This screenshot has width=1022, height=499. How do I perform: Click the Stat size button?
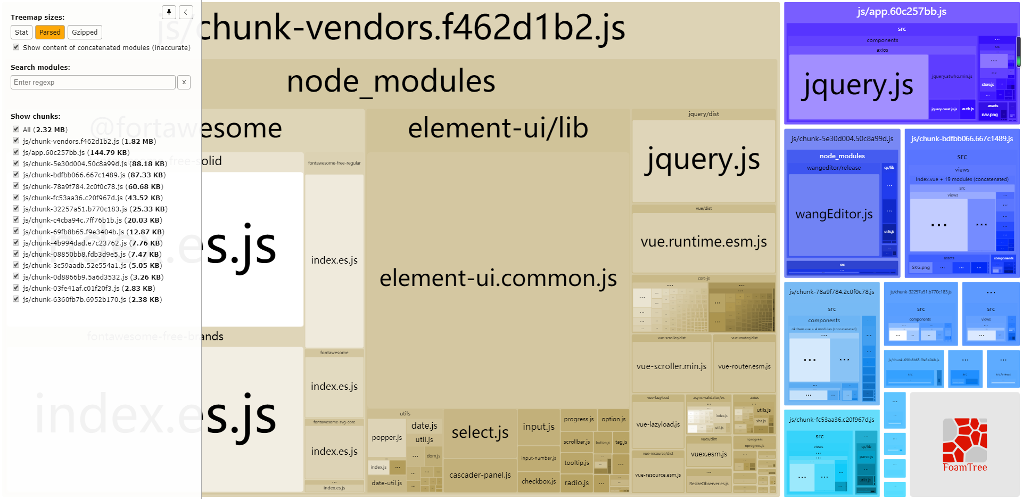point(21,32)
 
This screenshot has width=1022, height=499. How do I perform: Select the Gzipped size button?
point(85,32)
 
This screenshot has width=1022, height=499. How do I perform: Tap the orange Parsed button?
point(50,32)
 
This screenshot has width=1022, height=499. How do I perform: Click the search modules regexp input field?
point(93,83)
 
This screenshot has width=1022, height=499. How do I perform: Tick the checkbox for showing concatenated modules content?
point(17,47)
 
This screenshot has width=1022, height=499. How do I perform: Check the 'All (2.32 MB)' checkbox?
point(17,129)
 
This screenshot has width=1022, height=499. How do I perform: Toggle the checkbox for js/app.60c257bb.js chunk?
point(17,152)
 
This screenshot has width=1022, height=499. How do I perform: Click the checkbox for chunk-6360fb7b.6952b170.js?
point(17,299)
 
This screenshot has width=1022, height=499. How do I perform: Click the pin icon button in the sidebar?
point(169,12)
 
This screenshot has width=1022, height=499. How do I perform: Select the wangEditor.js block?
point(834,214)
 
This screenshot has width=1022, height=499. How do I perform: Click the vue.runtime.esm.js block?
point(704,242)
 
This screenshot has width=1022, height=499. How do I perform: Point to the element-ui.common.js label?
point(498,279)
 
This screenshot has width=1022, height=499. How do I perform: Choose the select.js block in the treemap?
point(480,433)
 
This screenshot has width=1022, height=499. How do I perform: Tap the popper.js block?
point(387,438)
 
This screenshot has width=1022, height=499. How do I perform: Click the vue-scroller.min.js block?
point(671,366)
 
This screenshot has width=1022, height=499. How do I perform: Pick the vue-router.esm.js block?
point(744,366)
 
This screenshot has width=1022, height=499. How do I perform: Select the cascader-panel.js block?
point(480,475)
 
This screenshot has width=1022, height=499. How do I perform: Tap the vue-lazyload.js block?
point(658,424)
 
